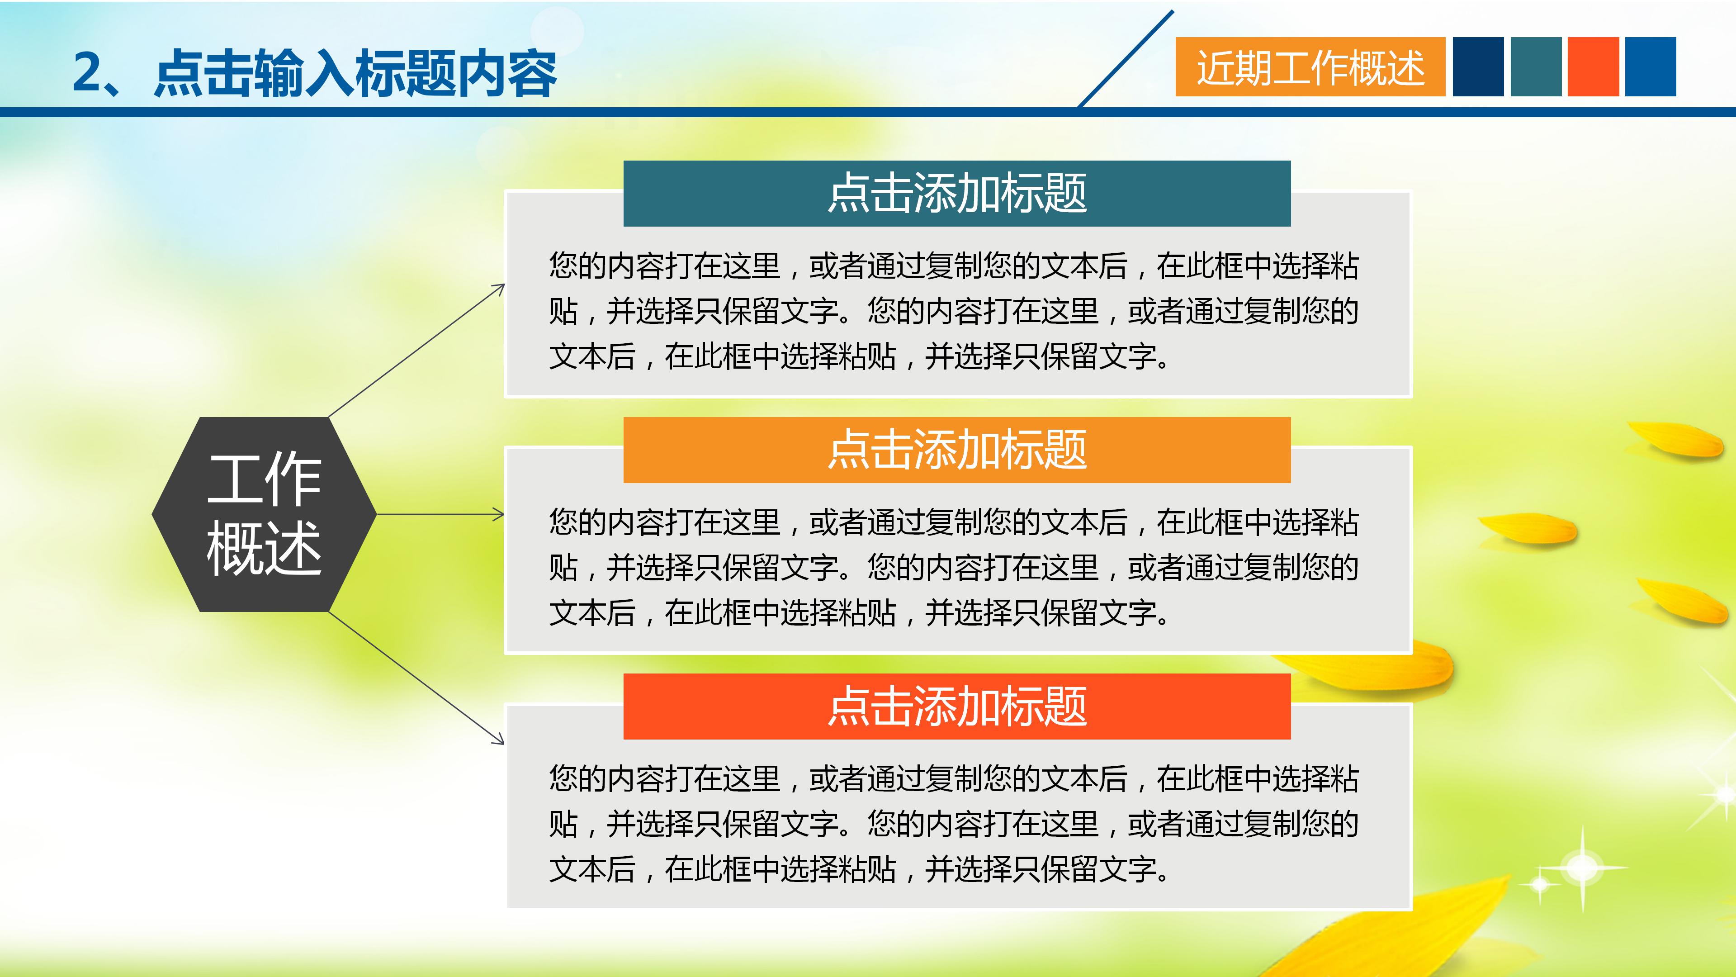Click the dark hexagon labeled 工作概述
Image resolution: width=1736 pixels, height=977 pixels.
point(264,514)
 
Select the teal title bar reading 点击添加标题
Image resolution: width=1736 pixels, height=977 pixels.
point(956,194)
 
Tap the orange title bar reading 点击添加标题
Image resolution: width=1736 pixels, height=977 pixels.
point(956,450)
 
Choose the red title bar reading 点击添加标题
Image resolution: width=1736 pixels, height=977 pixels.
point(956,706)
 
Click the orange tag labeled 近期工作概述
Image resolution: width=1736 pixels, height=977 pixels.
point(1310,67)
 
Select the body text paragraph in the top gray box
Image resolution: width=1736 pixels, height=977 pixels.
point(954,311)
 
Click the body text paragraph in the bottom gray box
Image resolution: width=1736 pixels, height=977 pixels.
point(954,823)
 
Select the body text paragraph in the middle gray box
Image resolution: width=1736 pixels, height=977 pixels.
point(954,567)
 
